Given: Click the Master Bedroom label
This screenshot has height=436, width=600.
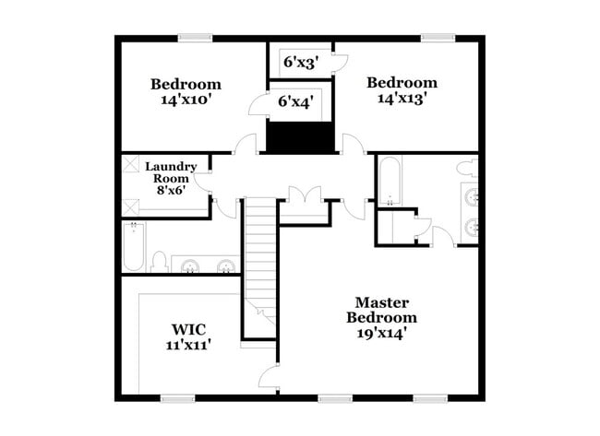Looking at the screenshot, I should (x=381, y=310).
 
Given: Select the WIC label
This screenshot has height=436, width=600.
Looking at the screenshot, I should (x=187, y=329).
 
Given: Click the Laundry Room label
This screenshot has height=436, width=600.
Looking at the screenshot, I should (x=171, y=172).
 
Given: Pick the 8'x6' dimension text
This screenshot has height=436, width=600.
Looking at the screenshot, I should (x=171, y=190).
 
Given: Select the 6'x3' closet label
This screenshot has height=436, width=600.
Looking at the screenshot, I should (x=301, y=63).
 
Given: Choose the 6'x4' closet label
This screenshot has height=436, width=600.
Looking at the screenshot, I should (x=295, y=102).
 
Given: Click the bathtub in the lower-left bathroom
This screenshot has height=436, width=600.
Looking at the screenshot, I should (x=134, y=247).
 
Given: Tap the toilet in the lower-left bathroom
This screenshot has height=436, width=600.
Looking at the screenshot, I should (x=159, y=263).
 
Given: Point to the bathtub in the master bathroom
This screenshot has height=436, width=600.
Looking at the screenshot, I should (x=389, y=181).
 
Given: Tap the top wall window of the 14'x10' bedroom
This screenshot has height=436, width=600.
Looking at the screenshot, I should (x=196, y=38).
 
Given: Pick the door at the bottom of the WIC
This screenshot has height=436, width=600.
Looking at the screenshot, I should (x=269, y=375).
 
